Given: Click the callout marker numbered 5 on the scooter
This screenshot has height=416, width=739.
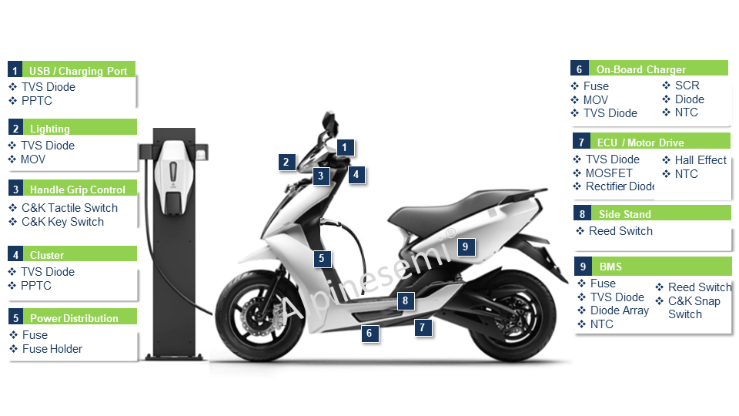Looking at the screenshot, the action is coord(322,258).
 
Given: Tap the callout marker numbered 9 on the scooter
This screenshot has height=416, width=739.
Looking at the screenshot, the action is coord(466,247).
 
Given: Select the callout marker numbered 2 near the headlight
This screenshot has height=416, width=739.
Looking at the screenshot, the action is coord(286,163).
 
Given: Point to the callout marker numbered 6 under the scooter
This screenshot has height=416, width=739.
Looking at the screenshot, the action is coord(369,333).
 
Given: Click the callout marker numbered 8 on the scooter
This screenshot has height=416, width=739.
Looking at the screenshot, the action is coord(406,300).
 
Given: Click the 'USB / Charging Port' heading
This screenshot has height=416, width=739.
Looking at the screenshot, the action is coord(79,71).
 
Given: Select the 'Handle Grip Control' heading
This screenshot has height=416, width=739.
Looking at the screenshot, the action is coord(78,190).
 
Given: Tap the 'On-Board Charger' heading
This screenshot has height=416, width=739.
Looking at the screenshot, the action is coord(641,69).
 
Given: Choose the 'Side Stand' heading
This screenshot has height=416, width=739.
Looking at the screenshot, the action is coord(625,214).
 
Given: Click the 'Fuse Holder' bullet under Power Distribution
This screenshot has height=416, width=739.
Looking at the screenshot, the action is coord(52,349).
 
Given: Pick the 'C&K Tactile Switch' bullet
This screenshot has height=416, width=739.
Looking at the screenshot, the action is coord(70,208).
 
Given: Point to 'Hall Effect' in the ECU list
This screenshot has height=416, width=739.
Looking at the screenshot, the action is coord(701,160).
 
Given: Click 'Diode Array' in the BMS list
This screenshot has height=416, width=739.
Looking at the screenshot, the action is coord(620,310).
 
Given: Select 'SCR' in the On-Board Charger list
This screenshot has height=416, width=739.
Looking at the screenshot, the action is coord(687,86).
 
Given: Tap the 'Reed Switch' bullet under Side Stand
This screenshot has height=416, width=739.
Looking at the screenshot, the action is coord(620,231).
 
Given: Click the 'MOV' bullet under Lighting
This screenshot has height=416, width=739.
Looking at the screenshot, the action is coord(33,159).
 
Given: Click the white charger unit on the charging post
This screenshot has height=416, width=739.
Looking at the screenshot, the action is coord(173,177).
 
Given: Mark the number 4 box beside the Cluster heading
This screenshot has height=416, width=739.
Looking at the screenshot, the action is coord(15,255).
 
